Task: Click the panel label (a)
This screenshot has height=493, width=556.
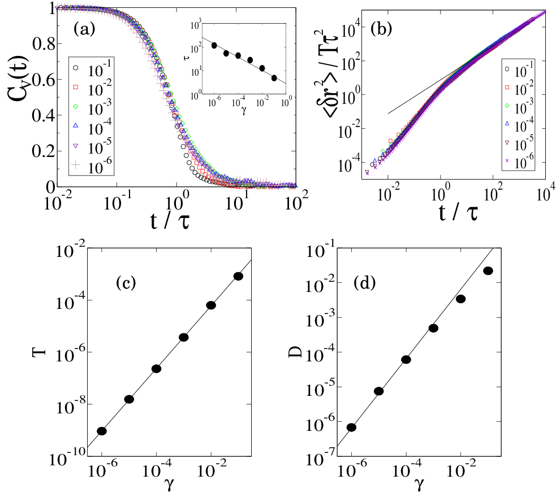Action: (84, 29)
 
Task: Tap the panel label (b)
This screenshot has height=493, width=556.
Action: (381, 29)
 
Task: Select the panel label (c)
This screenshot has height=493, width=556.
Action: (126, 282)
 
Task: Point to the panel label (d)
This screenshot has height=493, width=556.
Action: (364, 282)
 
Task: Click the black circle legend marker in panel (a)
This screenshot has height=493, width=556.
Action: (75, 68)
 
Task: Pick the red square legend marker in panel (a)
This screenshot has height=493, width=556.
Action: (75, 87)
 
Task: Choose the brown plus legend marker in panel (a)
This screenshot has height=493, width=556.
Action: (75, 164)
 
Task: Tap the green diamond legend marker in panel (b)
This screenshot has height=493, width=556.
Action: (507, 106)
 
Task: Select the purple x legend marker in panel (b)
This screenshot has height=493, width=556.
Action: (507, 160)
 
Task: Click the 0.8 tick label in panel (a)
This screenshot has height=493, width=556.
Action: (44, 44)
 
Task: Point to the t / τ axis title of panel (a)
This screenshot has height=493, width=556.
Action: (170, 221)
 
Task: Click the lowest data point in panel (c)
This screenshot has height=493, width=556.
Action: (102, 431)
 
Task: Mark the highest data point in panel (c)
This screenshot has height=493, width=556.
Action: (238, 276)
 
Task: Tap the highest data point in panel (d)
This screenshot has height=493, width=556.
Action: (488, 271)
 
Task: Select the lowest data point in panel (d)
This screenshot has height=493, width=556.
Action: (351, 427)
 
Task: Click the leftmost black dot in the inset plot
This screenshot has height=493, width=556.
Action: (214, 45)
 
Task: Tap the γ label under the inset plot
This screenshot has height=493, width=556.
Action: (244, 111)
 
